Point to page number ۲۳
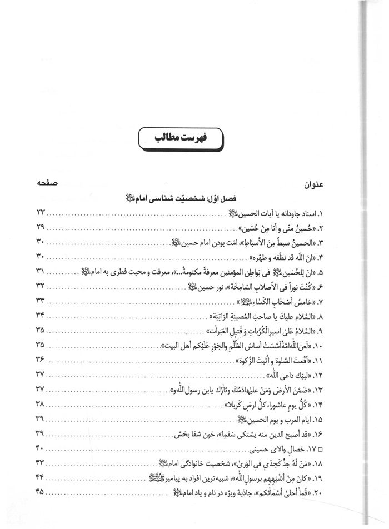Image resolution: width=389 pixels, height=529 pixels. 43,213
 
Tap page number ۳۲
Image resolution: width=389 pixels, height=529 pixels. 43,285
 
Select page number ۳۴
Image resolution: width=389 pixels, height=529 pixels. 43,315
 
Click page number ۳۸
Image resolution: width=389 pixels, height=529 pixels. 43,403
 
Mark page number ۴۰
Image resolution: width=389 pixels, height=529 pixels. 43,448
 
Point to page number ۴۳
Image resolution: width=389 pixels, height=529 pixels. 43,462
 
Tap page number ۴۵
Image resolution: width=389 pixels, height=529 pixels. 43,491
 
